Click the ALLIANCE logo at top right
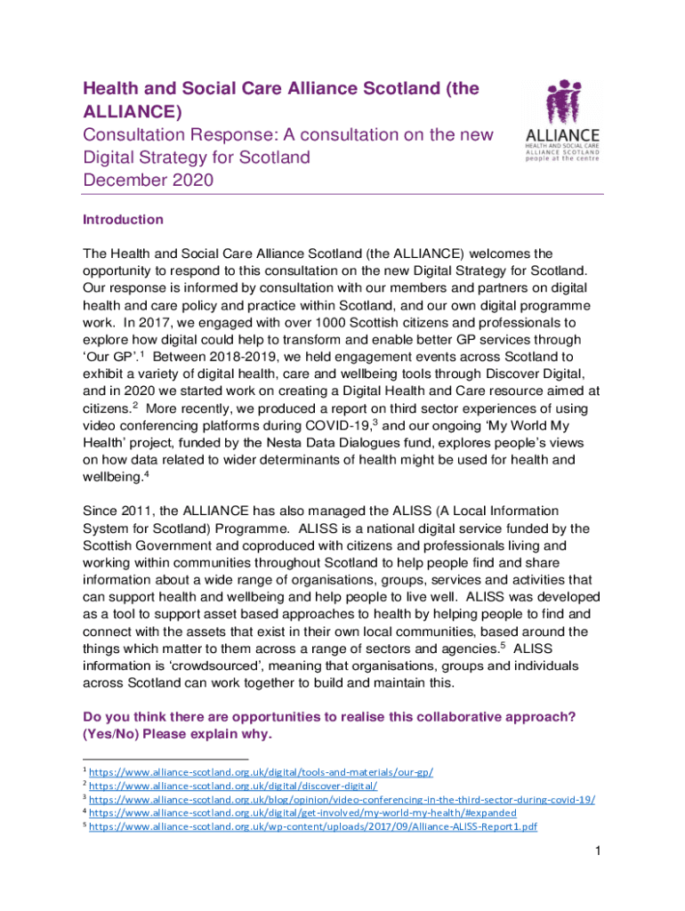[560, 121]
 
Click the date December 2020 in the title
[148, 181]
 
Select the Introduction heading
[123, 220]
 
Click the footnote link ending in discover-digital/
[233, 785]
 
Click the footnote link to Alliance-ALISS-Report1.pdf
[313, 826]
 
